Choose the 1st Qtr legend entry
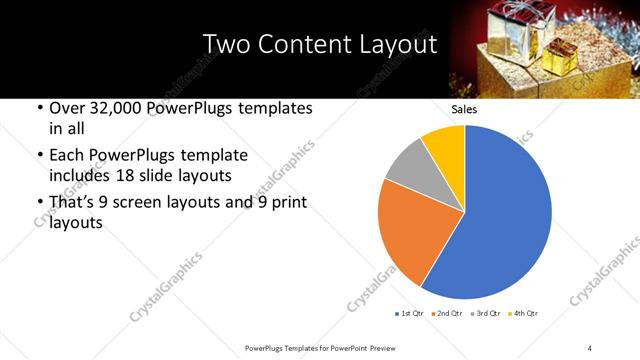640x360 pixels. pyautogui.click(x=410, y=314)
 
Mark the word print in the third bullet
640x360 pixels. pyautogui.click(x=283, y=202)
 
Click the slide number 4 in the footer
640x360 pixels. pyautogui.click(x=589, y=347)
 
